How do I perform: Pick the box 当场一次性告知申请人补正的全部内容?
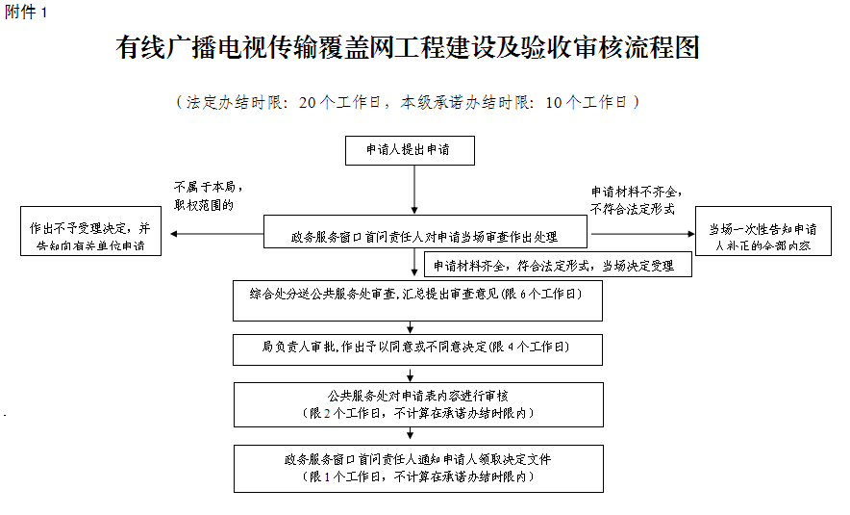[762, 236]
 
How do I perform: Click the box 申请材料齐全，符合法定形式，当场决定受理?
[558, 265]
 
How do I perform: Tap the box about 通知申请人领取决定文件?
[417, 468]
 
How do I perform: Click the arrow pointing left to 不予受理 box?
[212, 233]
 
